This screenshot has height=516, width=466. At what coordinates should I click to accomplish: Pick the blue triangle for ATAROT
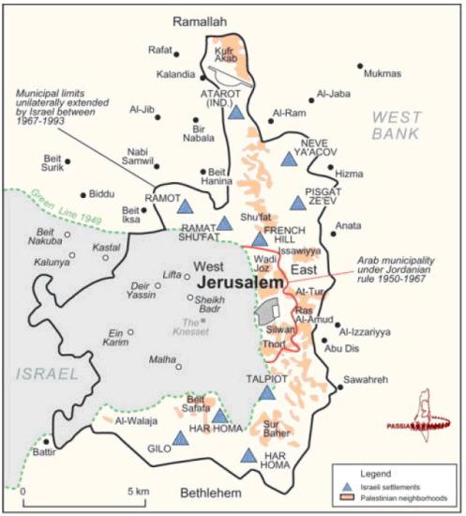pos(236,113)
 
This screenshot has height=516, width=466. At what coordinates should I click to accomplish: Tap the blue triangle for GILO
pos(180,437)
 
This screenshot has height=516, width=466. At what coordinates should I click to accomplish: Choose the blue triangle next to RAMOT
pos(185,206)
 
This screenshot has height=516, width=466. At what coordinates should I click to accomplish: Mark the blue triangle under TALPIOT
pos(267,392)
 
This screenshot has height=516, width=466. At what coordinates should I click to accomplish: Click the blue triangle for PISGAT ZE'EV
pos(298,203)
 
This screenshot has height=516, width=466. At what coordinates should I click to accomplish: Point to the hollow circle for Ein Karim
pos(130,331)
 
